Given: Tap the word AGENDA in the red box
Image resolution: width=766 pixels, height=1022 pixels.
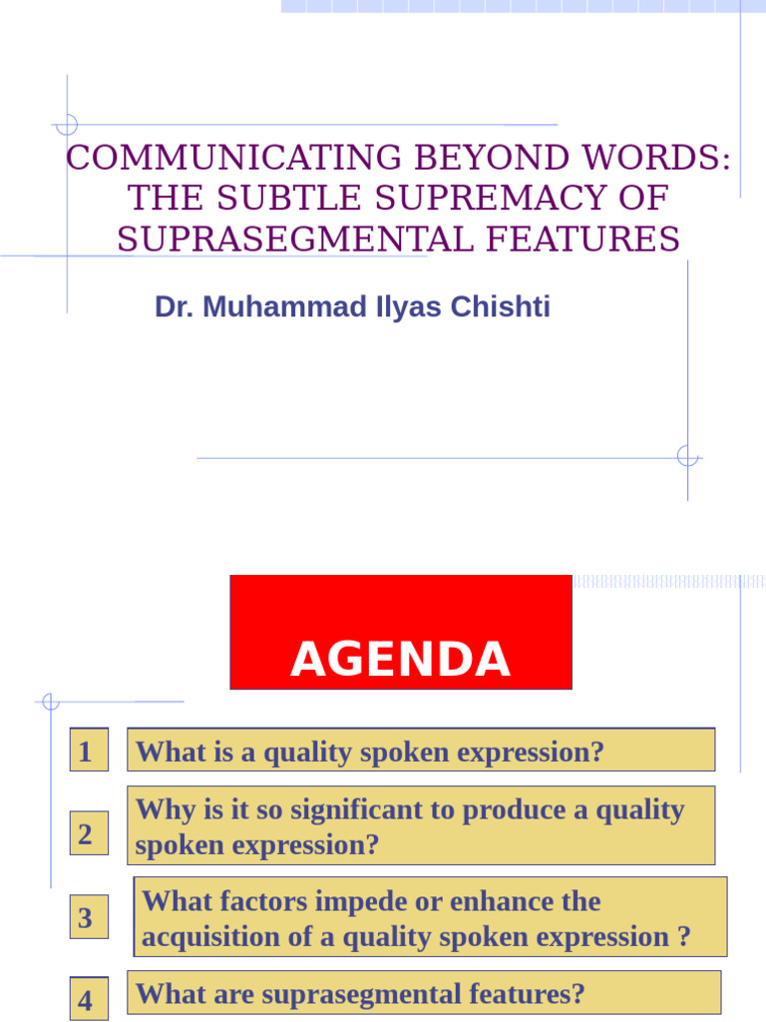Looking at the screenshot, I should pyautogui.click(x=401, y=660).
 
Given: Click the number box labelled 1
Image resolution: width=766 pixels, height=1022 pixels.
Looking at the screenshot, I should pyautogui.click(x=87, y=752).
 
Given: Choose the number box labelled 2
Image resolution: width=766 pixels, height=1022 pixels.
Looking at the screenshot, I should pyautogui.click(x=87, y=834).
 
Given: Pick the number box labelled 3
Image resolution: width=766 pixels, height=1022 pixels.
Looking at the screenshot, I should pyautogui.click(x=87, y=918).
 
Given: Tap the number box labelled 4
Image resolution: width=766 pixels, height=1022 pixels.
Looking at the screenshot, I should pyautogui.click(x=87, y=1001).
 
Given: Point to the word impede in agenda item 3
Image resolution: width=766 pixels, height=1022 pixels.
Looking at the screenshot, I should pyautogui.click(x=351, y=901).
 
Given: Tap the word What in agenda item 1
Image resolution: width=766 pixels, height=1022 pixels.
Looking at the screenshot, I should pyautogui.click(x=164, y=752).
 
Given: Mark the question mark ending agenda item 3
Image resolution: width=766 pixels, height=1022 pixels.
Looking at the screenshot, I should pyautogui.click(x=683, y=937).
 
